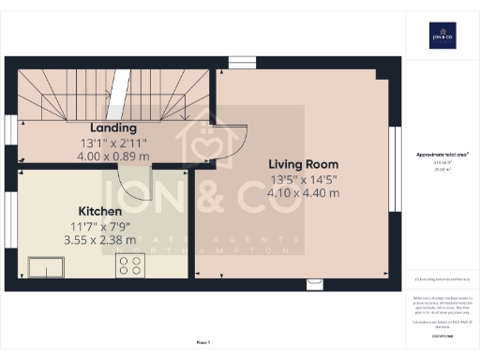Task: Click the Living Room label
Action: tap(305, 162)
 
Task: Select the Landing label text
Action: tap(113, 127)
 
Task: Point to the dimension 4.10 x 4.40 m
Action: tap(305, 193)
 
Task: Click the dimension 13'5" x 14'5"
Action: tap(305, 178)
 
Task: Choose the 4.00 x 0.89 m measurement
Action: tap(113, 156)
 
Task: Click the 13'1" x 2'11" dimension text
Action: tap(113, 142)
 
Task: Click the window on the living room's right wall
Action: tap(395, 169)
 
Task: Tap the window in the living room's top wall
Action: tap(241, 63)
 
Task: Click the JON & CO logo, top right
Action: tap(442, 35)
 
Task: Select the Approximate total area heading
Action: tap(442, 154)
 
